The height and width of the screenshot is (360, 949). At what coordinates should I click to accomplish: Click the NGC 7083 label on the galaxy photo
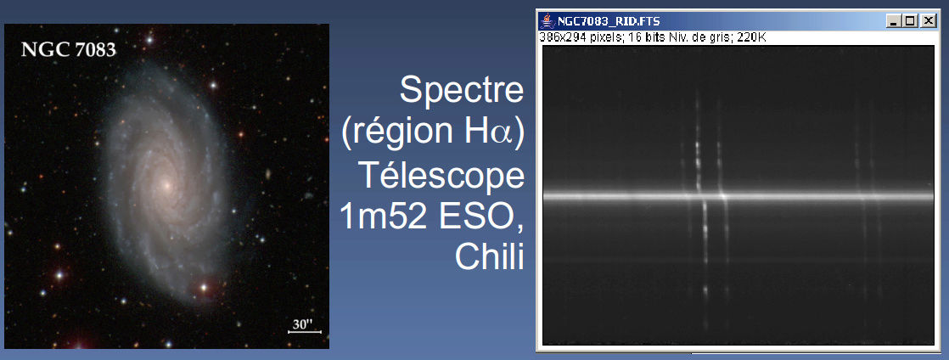click(x=69, y=49)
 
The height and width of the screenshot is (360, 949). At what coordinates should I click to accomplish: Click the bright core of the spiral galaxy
click(x=165, y=185)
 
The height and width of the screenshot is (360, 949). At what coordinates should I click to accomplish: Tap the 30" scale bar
click(x=305, y=332)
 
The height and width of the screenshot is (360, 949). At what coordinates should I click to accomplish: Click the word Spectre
click(x=461, y=91)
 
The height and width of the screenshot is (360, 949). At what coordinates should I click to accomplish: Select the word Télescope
click(x=441, y=175)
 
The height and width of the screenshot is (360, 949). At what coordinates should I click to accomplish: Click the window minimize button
click(x=894, y=21)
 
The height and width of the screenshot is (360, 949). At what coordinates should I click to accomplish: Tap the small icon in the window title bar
click(x=547, y=21)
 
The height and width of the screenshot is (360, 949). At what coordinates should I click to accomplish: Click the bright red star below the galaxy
click(x=204, y=287)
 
